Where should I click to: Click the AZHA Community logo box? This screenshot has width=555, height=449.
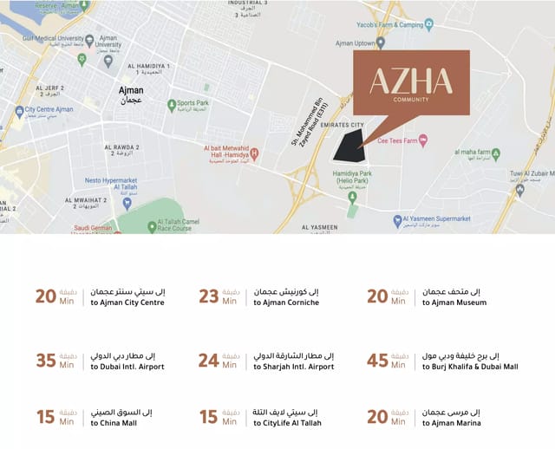(411, 83)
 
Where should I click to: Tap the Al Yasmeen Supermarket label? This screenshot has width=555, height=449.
(437, 219)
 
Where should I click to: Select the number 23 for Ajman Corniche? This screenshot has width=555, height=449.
(209, 296)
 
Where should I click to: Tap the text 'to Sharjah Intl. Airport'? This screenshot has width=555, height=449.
(293, 367)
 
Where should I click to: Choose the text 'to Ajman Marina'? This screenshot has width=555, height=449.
(454, 422)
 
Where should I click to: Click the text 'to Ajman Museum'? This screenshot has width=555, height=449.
(454, 303)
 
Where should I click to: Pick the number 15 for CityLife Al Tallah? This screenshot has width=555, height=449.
(209, 416)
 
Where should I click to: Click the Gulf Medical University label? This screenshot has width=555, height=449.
(60, 38)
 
